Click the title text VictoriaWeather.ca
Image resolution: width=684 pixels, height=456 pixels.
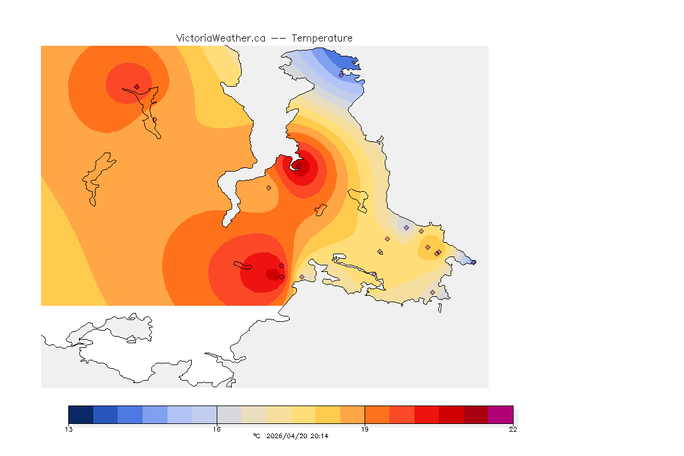click(220, 38)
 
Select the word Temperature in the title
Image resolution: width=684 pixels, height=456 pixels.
click(322, 38)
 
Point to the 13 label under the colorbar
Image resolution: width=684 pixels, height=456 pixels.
click(69, 429)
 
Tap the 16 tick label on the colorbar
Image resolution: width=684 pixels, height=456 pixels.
click(217, 429)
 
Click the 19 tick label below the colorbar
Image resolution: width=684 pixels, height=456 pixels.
click(365, 429)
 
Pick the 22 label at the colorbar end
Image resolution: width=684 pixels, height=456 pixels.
click(512, 429)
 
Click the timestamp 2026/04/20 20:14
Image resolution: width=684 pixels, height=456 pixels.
click(297, 436)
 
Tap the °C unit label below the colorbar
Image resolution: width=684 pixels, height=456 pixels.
click(256, 436)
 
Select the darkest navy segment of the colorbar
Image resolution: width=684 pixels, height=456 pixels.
click(81, 414)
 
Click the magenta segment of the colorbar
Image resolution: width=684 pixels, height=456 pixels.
click(501, 414)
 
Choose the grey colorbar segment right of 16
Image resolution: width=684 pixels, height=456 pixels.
click(229, 414)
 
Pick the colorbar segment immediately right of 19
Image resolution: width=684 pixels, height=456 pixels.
click(377, 414)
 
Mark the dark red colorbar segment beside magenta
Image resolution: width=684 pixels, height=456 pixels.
click(476, 414)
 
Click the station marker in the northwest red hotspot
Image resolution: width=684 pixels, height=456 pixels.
click(137, 87)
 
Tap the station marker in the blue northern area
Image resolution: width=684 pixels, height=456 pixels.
click(341, 74)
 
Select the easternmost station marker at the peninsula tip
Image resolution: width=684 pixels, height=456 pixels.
click(473, 262)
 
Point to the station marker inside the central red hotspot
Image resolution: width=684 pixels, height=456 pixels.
click(299, 166)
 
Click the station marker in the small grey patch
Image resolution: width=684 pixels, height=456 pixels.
click(406, 227)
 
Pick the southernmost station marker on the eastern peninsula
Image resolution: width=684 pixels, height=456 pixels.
click(432, 292)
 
